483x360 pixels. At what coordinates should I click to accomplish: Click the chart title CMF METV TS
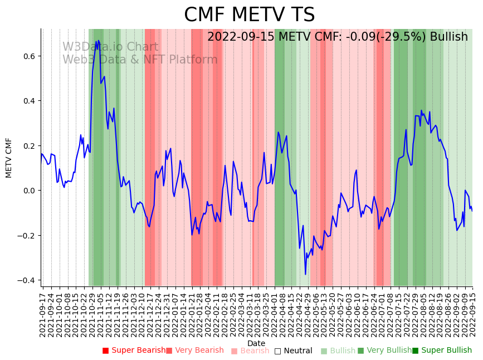coord(249,15)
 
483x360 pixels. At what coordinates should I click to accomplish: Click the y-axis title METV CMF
coord(9,158)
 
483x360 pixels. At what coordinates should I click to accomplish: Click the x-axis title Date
coord(256,343)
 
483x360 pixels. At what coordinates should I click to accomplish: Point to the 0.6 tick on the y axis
coord(28,56)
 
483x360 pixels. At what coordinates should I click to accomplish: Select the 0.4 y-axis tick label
coord(28,101)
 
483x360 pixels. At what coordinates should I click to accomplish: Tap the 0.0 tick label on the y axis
coord(28,191)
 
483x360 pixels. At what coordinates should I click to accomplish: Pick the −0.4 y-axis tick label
coord(26,280)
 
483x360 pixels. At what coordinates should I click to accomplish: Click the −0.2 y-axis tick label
coord(26,236)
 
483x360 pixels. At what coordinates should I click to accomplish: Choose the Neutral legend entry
coord(293,351)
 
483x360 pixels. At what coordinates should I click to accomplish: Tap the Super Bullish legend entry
coord(442,351)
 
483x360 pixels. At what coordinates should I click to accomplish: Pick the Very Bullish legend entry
coord(384,351)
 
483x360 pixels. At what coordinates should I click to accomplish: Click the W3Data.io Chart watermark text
coord(110,47)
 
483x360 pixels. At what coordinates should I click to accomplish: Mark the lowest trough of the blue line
coord(305,274)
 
